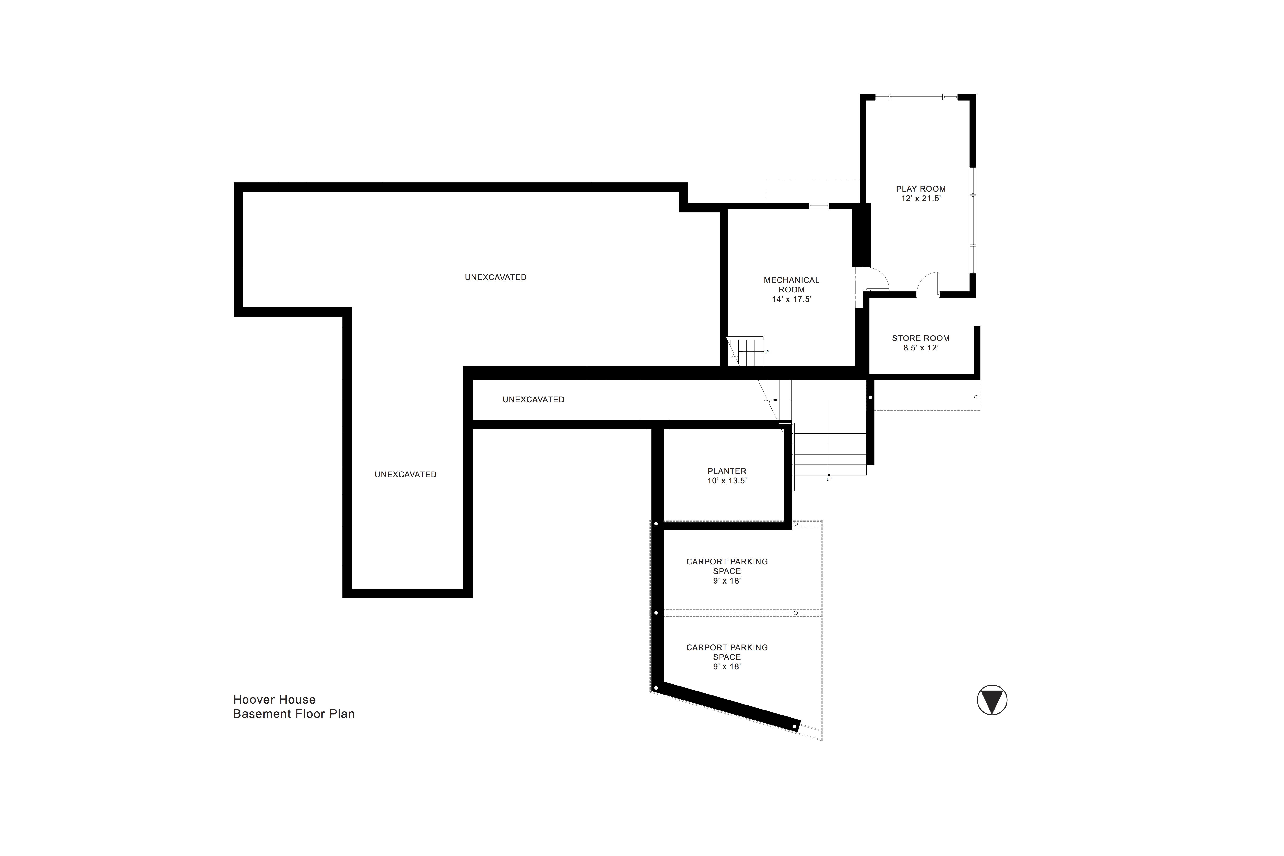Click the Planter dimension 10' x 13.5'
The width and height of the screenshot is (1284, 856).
(x=727, y=481)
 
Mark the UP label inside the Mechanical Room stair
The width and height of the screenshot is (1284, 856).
(x=766, y=352)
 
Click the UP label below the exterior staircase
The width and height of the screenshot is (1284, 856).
(x=829, y=479)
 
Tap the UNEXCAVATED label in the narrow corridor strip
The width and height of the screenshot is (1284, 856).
(x=533, y=400)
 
